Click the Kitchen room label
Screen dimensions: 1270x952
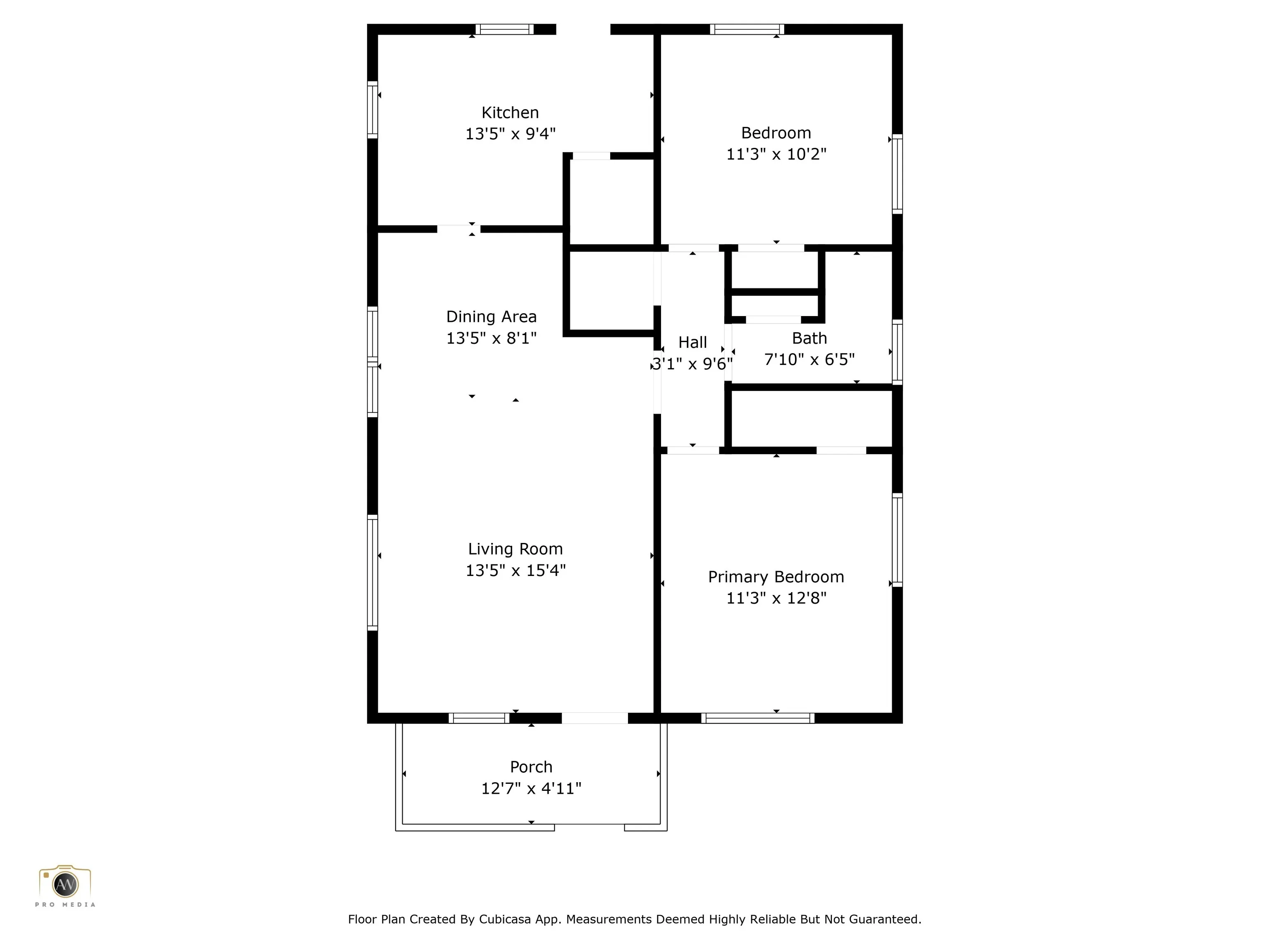tap(510, 112)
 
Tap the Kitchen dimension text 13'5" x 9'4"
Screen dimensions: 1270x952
tap(510, 134)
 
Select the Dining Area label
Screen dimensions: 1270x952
tap(492, 317)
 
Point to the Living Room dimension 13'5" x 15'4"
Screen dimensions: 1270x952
tap(516, 570)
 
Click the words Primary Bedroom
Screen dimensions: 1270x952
tap(776, 577)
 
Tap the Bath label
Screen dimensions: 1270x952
tap(809, 338)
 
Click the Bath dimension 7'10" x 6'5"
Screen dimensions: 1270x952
tap(809, 360)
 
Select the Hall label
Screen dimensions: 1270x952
tap(692, 343)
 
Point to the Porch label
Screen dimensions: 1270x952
tap(531, 767)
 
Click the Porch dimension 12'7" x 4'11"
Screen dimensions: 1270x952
tap(531, 788)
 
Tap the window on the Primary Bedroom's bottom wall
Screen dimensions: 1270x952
tap(758, 718)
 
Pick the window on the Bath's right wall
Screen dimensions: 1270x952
tap(898, 352)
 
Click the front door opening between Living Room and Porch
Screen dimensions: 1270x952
tap(595, 718)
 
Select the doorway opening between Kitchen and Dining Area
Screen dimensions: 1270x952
tap(459, 229)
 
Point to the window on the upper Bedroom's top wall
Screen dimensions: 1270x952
tap(747, 29)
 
